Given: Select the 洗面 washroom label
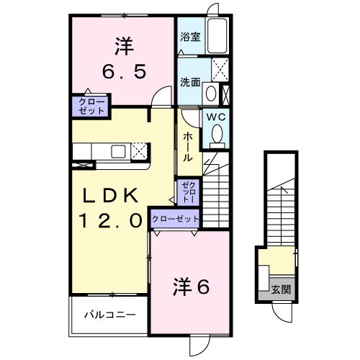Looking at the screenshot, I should [189, 82].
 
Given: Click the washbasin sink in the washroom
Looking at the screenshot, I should [210, 92].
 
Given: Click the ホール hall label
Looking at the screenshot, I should [187, 146].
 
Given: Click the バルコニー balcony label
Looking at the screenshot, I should [109, 314].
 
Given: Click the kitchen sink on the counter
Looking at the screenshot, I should [118, 150].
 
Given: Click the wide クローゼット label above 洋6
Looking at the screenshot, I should [175, 219].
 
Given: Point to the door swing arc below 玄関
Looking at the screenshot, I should [283, 311].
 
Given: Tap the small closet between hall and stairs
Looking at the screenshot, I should [187, 191].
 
